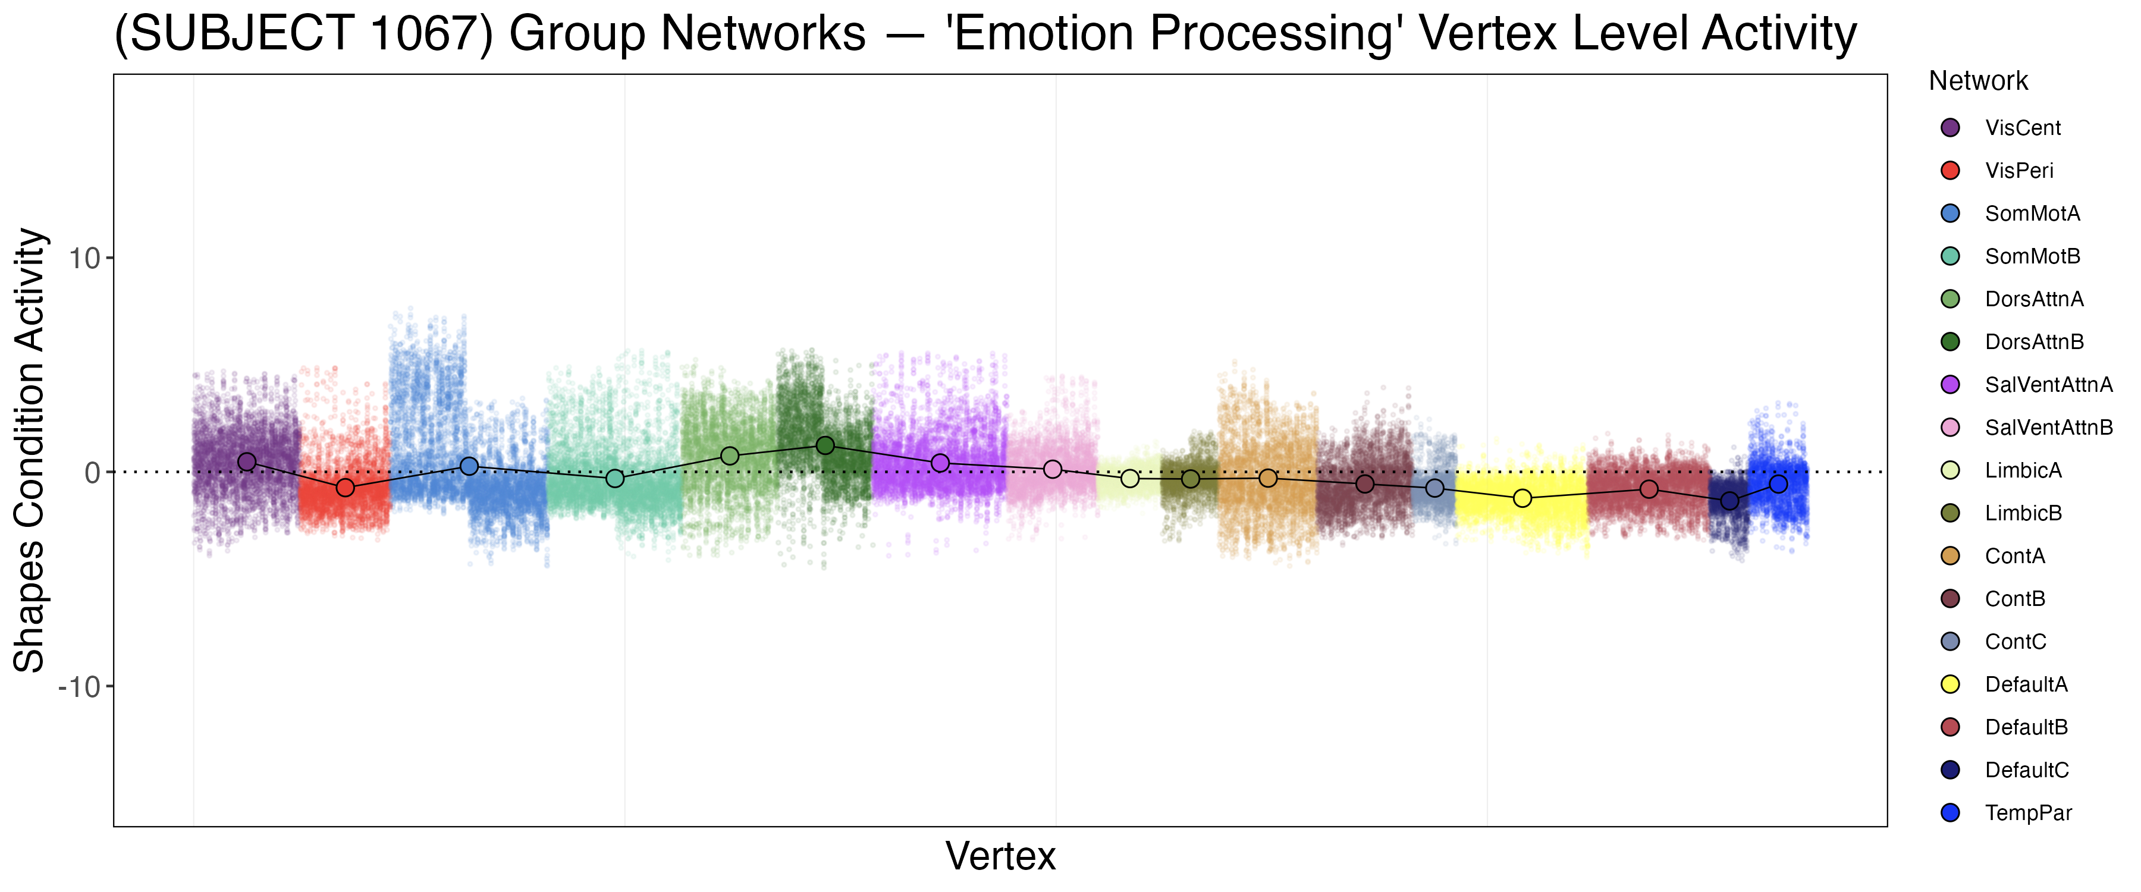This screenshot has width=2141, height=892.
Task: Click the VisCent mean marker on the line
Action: click(x=247, y=461)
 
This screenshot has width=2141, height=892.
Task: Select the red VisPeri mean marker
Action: click(x=345, y=487)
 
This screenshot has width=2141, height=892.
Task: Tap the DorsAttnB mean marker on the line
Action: click(x=825, y=445)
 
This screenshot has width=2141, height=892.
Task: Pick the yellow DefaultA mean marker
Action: click(x=1522, y=498)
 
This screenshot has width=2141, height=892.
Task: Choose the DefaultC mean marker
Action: click(x=1729, y=501)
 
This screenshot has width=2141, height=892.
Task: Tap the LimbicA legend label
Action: click(x=2023, y=470)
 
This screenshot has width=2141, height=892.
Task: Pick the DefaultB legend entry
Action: click(x=2026, y=727)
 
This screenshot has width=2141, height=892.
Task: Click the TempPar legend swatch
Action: click(x=1950, y=813)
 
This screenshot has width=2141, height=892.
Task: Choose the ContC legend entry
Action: click(x=2015, y=642)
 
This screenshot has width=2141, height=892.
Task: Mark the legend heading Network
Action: click(x=1978, y=81)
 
